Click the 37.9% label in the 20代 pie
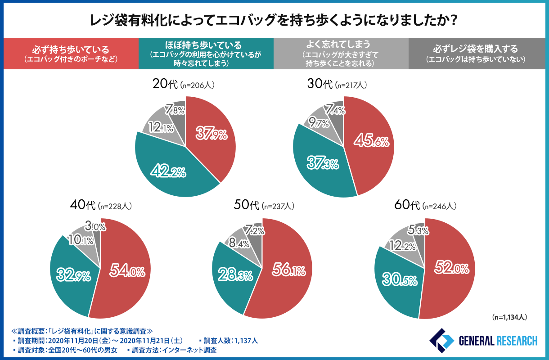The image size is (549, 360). (x=211, y=133)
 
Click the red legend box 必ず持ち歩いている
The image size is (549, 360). (x=71, y=53)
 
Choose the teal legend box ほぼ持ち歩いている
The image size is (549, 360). (x=206, y=53)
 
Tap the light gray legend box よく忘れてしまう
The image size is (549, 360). (x=341, y=53)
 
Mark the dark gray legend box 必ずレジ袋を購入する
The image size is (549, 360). (x=477, y=53)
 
